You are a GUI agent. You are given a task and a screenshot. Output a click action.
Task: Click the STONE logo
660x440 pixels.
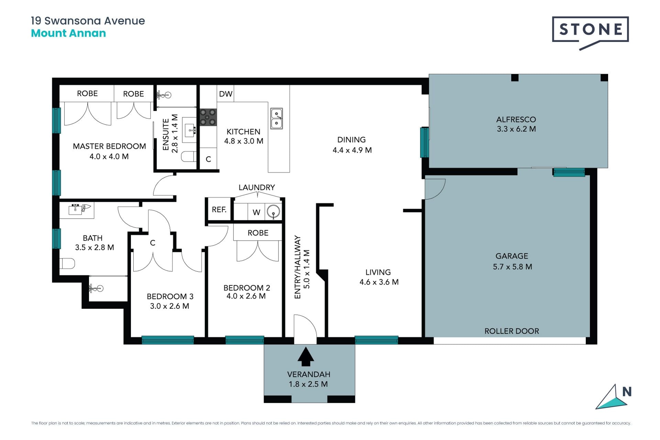[590, 33]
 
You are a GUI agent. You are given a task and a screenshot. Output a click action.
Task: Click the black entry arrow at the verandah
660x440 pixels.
[306, 356]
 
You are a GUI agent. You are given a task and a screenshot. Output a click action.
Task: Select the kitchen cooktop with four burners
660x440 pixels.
[208, 117]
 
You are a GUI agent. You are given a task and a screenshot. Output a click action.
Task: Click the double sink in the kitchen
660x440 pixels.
[276, 119]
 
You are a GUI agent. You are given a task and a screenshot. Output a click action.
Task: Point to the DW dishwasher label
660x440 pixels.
[226, 94]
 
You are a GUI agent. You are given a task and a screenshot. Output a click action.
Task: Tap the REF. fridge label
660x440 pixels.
[219, 209]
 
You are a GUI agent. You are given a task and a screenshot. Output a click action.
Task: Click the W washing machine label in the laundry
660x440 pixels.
[256, 212]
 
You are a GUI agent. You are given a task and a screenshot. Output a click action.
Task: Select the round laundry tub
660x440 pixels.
[273, 211]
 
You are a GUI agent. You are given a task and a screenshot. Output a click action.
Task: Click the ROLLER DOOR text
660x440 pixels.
[511, 331]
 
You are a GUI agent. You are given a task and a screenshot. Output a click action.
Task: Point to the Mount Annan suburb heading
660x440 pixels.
[68, 33]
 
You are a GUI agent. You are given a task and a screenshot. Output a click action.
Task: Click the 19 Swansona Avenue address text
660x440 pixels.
[88, 21]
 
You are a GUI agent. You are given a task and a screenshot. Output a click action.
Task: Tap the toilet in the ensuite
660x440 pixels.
[188, 157]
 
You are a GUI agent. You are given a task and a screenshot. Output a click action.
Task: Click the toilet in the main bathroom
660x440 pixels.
[67, 264]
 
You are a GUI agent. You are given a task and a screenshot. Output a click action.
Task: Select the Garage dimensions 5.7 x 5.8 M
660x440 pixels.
[513, 267]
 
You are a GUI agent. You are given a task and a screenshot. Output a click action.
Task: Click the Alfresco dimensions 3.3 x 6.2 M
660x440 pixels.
[516, 129]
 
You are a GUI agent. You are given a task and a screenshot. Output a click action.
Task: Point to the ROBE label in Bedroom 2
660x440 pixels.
[258, 233]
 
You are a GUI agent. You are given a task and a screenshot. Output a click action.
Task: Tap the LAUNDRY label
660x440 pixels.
[257, 187]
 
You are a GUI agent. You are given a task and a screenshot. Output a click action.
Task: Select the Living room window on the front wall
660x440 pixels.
[376, 340]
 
